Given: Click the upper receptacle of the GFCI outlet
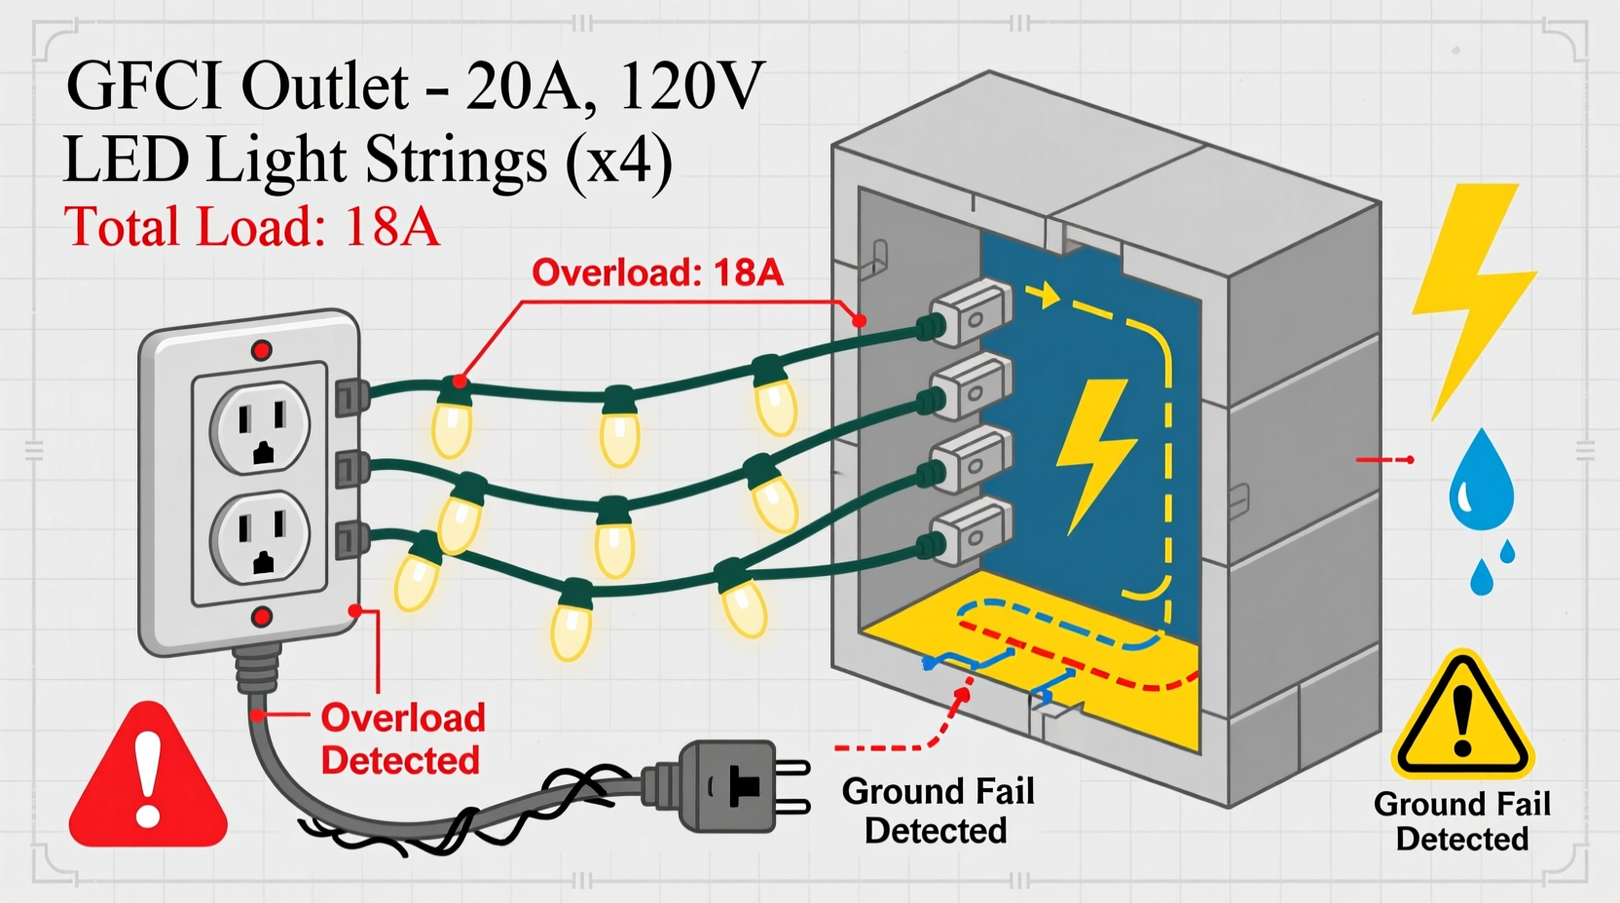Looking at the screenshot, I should pyautogui.click(x=260, y=427).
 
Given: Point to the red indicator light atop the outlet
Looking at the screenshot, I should pyautogui.click(x=261, y=350).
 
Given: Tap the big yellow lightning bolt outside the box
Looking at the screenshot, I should pyautogui.click(x=1470, y=292).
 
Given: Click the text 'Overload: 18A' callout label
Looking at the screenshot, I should pyautogui.click(x=657, y=272).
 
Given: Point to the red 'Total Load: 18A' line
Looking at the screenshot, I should pyautogui.click(x=251, y=227).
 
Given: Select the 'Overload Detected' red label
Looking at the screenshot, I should pyautogui.click(x=401, y=739).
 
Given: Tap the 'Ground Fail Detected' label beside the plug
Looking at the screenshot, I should pyautogui.click(x=937, y=811).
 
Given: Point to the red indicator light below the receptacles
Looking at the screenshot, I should pyautogui.click(x=261, y=617).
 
